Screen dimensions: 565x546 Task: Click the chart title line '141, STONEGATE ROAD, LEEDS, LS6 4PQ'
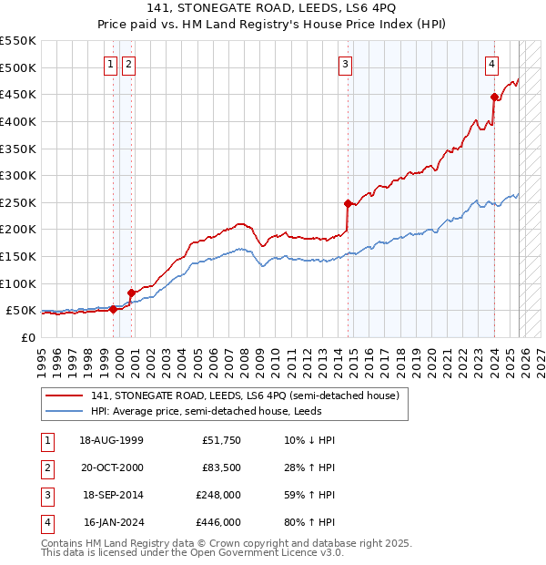(x=272, y=10)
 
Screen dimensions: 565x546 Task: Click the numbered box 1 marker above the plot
(x=110, y=64)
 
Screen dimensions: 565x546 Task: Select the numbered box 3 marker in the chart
(x=346, y=64)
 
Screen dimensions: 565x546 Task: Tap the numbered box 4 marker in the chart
(x=491, y=64)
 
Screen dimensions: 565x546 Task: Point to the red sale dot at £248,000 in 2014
(x=348, y=203)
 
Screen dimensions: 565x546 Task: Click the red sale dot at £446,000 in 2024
(x=494, y=97)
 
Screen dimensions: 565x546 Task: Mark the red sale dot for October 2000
(x=131, y=293)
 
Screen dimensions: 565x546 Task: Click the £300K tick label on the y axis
(x=17, y=175)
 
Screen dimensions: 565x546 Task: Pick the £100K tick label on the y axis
(x=17, y=283)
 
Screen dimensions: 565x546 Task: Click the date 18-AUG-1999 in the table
(x=111, y=440)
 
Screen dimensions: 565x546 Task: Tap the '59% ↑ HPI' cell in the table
(x=309, y=495)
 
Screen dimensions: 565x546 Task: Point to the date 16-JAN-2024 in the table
(x=111, y=522)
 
